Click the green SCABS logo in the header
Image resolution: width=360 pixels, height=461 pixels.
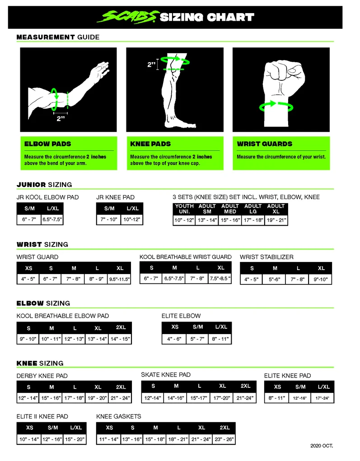tap(128, 17)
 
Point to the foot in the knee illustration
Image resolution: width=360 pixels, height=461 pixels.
tap(180, 123)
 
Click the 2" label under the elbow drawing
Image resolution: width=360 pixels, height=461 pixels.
tap(61, 118)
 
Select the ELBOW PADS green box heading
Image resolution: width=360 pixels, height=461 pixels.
tap(47, 144)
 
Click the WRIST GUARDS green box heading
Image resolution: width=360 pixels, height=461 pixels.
tap(265, 144)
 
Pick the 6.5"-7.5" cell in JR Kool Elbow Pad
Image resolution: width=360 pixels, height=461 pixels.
tap(52, 219)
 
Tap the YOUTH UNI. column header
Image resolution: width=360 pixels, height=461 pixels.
tap(184, 209)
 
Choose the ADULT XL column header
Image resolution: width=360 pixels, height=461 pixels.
tap(276, 209)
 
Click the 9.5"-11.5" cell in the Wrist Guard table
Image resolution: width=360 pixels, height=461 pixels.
tap(119, 279)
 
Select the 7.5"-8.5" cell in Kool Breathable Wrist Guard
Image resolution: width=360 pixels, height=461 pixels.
tap(220, 278)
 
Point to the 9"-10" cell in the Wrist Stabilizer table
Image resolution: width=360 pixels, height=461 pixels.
tap(320, 279)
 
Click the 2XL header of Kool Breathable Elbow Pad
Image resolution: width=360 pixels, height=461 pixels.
tap(121, 327)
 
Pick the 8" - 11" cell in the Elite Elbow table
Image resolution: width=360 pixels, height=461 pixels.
tap(220, 339)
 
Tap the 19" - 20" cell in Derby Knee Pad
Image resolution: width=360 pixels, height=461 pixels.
tap(97, 398)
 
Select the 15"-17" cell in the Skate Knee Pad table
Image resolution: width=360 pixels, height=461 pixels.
tap(199, 398)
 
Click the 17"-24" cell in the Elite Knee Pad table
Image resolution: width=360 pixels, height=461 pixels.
tap(323, 398)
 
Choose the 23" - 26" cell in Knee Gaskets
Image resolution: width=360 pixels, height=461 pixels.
tap(224, 439)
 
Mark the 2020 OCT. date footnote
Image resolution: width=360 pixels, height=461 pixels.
tap(322, 446)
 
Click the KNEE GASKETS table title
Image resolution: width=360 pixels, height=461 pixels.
tap(118, 416)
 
